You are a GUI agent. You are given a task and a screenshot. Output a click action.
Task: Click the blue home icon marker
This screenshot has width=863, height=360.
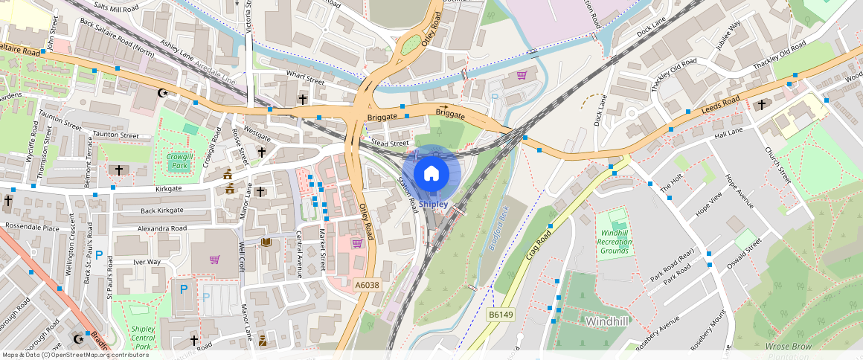pos(431,173)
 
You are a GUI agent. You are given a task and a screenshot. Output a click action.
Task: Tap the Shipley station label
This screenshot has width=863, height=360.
pos(433,204)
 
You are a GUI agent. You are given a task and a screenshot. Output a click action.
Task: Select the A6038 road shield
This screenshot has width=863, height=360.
pos(367,285)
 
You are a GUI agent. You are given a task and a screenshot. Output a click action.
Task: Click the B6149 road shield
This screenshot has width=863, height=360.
pos(501,315)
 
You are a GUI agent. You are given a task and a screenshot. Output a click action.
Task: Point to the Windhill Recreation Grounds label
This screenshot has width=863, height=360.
pos(615,242)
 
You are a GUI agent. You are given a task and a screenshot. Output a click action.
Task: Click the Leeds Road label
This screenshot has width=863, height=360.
pos(721,106)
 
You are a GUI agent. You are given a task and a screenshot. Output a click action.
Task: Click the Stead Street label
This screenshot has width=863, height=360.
pos(390,143)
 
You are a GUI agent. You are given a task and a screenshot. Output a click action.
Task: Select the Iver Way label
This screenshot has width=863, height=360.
pos(147,262)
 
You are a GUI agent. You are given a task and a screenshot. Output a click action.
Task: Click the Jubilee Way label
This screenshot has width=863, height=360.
pos(728,35)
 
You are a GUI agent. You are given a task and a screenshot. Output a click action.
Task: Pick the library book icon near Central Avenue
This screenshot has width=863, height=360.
pos(266,242)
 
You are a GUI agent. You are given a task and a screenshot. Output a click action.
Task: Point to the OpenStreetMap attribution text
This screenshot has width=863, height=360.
pos(76,355)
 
